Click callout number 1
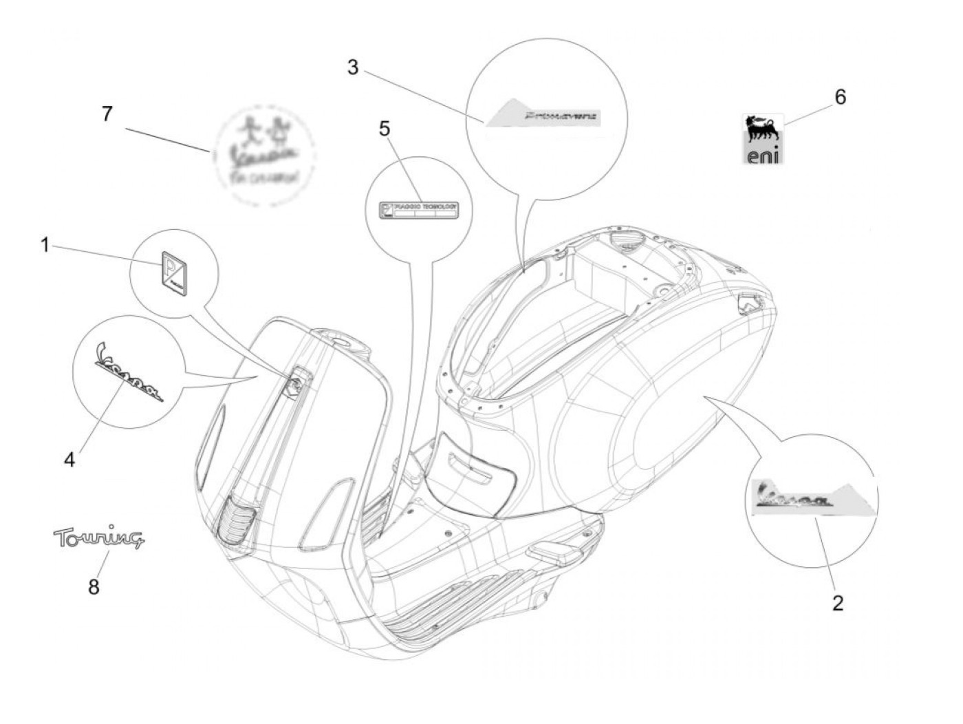click(x=45, y=244)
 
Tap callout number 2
click(x=837, y=603)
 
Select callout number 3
click(x=353, y=67)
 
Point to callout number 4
click(x=69, y=460)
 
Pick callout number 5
click(x=384, y=128)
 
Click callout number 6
click(x=840, y=97)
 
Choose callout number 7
click(x=107, y=114)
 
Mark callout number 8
click(x=94, y=586)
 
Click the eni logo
click(x=764, y=139)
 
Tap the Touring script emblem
click(x=99, y=538)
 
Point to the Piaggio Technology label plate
click(x=419, y=209)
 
